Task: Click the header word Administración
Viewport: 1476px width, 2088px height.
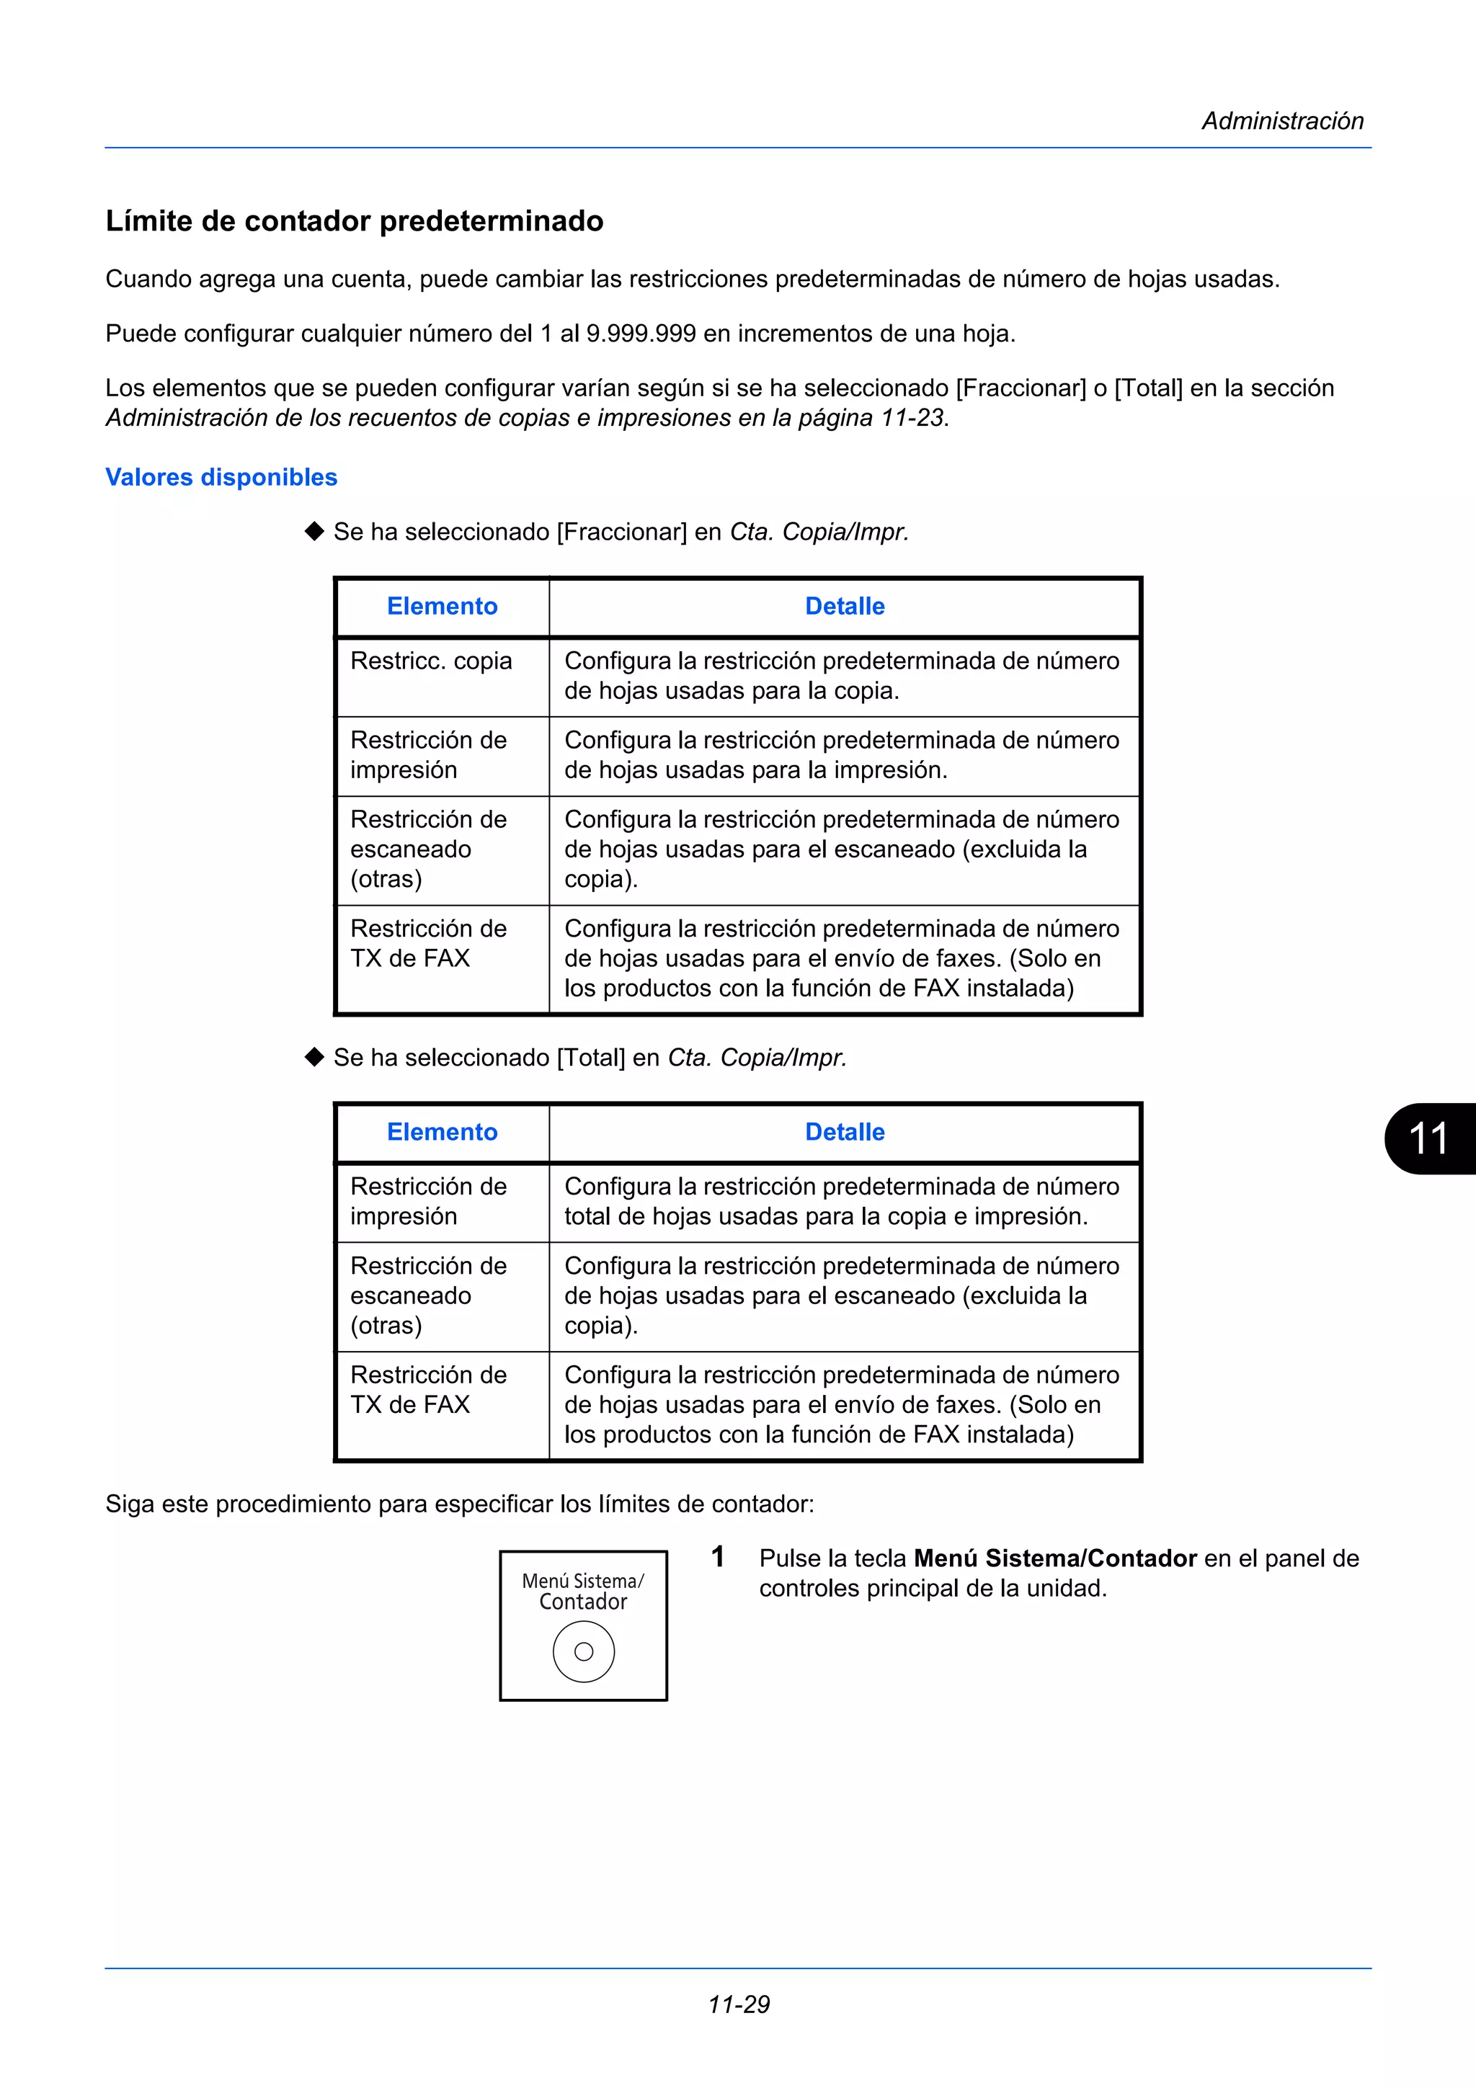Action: click(x=1282, y=121)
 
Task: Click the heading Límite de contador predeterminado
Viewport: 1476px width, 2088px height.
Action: click(x=355, y=221)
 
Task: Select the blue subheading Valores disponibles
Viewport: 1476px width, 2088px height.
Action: click(x=221, y=478)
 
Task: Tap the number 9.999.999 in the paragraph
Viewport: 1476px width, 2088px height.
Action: click(x=641, y=334)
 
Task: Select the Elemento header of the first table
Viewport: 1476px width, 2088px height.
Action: click(x=442, y=607)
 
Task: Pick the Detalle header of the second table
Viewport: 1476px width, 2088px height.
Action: click(x=844, y=1132)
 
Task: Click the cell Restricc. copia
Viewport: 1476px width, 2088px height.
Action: click(x=431, y=661)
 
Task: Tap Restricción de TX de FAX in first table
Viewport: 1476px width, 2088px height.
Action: click(x=428, y=943)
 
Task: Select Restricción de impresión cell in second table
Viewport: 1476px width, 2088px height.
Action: click(x=428, y=1201)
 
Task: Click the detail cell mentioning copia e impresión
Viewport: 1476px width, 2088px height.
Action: click(x=841, y=1201)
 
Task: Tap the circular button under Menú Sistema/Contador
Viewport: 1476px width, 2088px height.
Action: click(x=584, y=1651)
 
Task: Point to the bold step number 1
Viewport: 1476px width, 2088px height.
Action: click(x=718, y=1557)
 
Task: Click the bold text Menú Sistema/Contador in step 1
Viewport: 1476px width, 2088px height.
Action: click(x=1055, y=1558)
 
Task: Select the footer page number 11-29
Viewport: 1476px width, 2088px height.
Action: click(x=739, y=2004)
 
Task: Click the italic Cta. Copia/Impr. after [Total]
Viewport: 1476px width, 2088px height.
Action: click(x=757, y=1058)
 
